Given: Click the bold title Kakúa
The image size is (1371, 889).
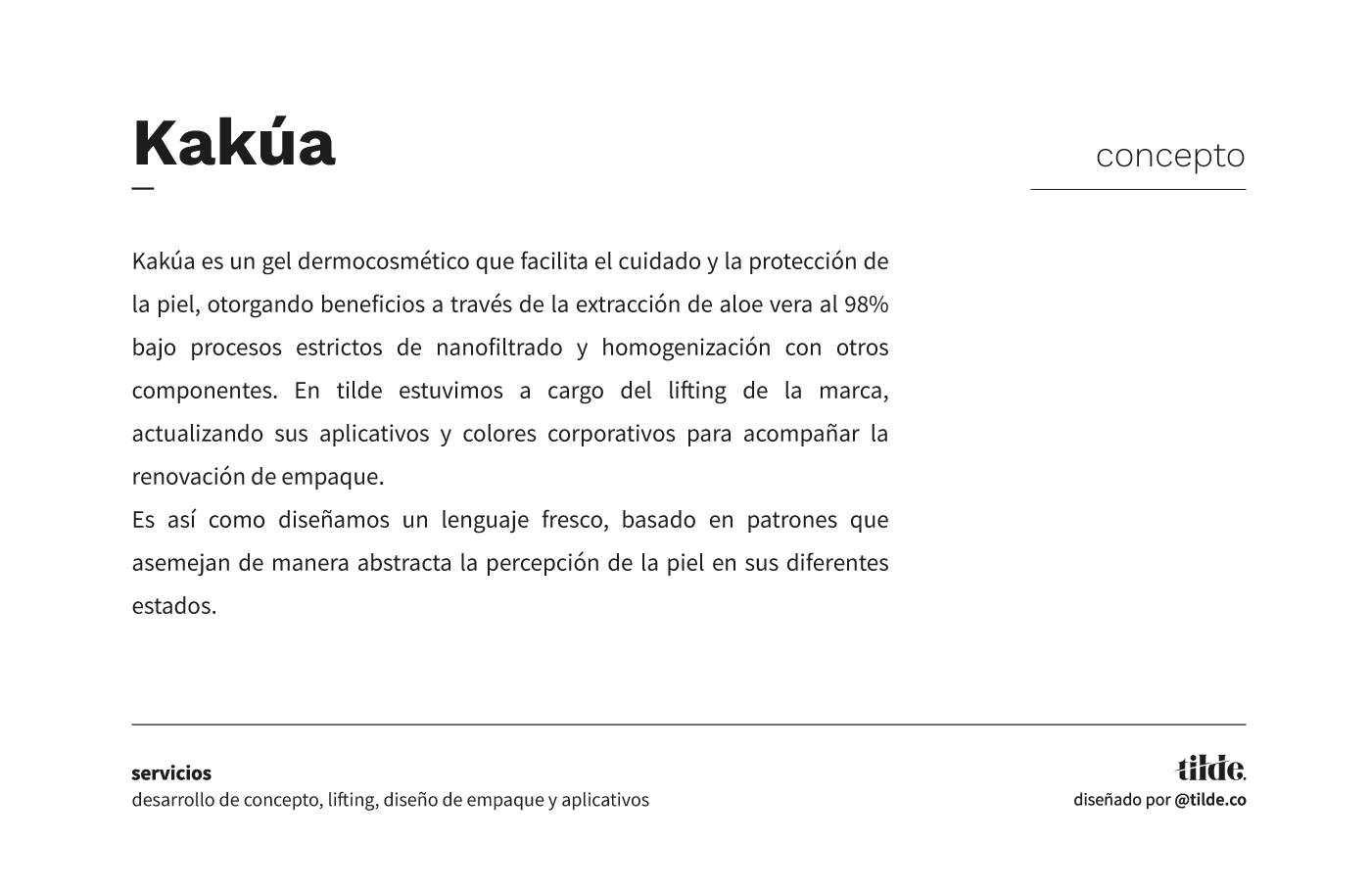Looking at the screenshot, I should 234,143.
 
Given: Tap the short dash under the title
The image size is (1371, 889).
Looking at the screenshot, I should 143,188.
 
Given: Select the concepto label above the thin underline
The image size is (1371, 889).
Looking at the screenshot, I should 1170,156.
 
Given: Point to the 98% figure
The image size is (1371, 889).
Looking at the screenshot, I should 867,304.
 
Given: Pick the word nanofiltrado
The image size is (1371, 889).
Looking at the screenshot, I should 499,348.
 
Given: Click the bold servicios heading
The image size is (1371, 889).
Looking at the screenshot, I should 171,773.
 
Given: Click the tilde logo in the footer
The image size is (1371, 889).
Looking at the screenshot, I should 1210,769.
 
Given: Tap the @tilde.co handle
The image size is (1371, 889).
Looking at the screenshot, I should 1210,800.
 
